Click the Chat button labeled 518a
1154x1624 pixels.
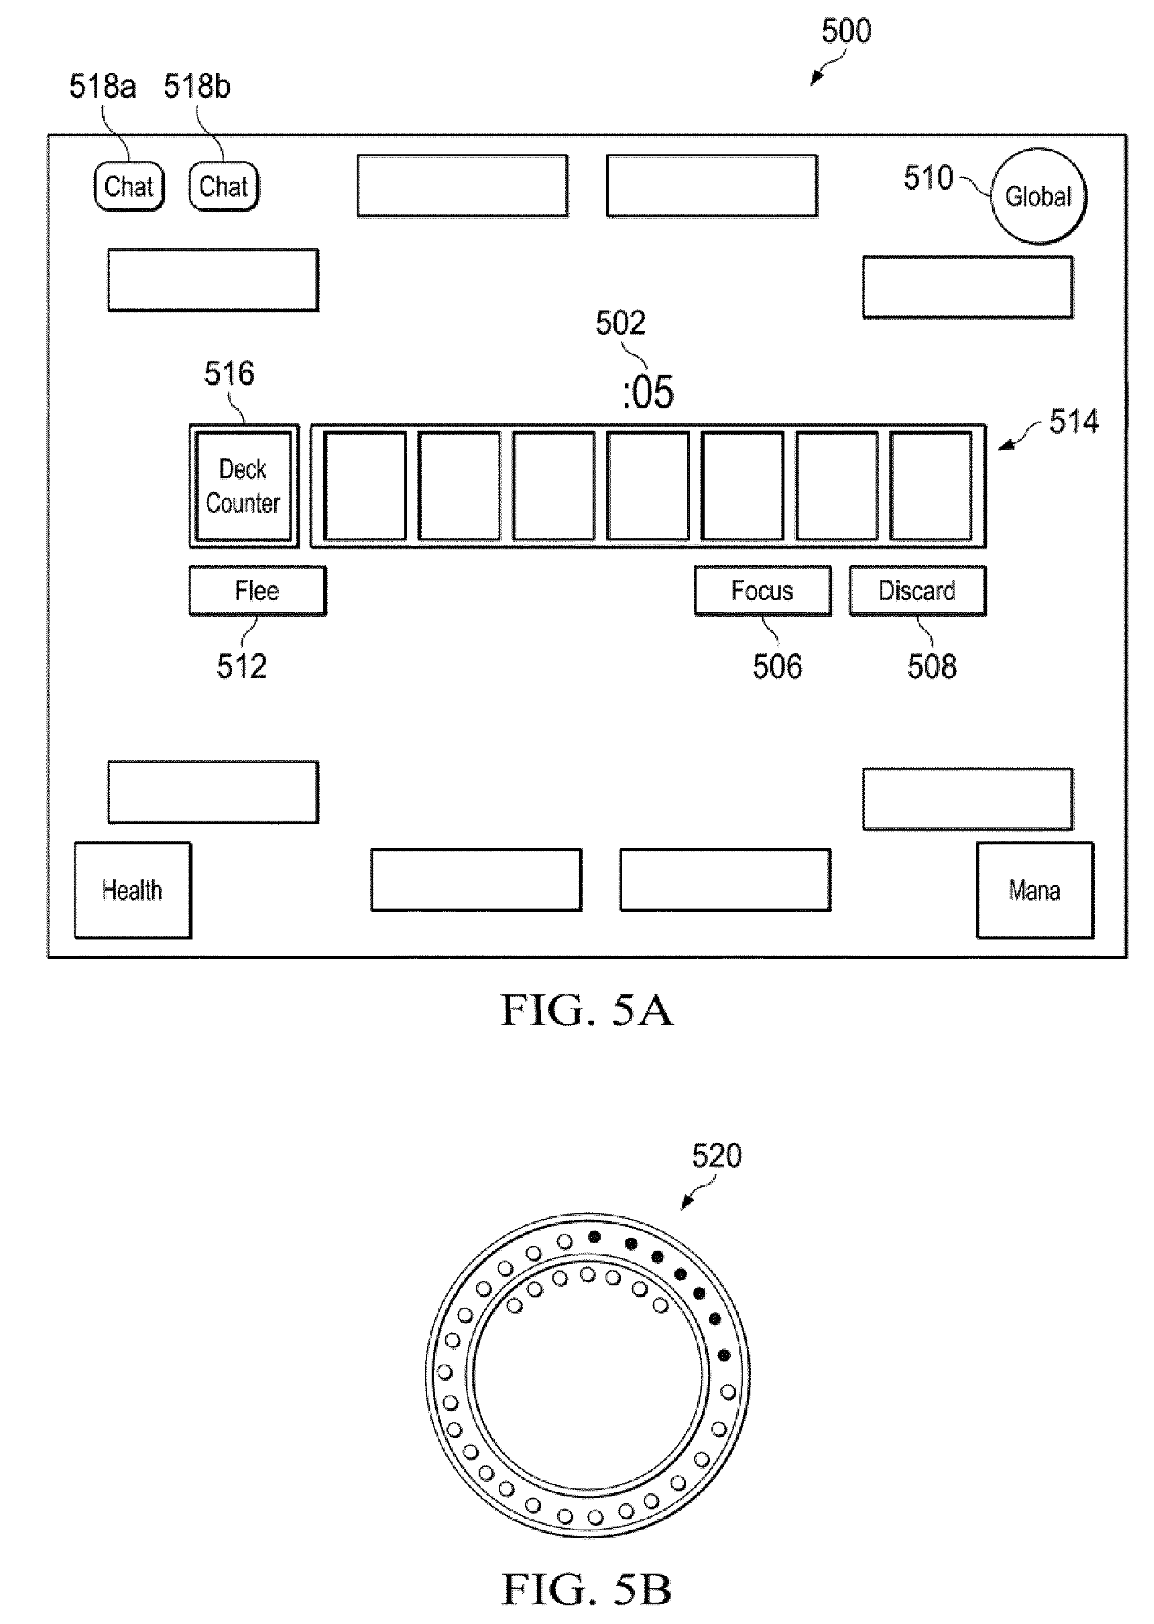click(128, 186)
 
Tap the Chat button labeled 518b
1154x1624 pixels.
click(224, 186)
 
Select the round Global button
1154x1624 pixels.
click(1037, 196)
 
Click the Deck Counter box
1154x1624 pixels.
click(243, 486)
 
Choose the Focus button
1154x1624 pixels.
click(762, 591)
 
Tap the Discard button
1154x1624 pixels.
click(917, 591)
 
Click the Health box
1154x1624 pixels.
click(132, 891)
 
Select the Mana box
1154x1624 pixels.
click(1034, 891)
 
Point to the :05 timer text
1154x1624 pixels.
click(648, 393)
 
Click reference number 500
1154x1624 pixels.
click(846, 32)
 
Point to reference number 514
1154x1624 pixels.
click(1074, 422)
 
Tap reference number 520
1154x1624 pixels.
click(716, 1156)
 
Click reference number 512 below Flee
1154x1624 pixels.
click(242, 667)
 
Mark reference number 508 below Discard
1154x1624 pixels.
click(932, 667)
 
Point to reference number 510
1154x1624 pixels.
click(928, 178)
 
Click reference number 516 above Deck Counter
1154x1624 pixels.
click(229, 373)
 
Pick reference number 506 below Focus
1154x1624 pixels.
click(778, 667)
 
